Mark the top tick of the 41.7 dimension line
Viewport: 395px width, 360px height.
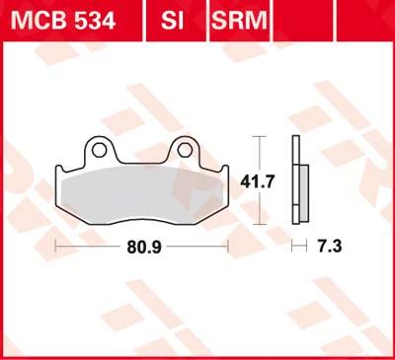[x=258, y=135]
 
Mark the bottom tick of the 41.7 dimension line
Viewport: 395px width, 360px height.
[x=258, y=225]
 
